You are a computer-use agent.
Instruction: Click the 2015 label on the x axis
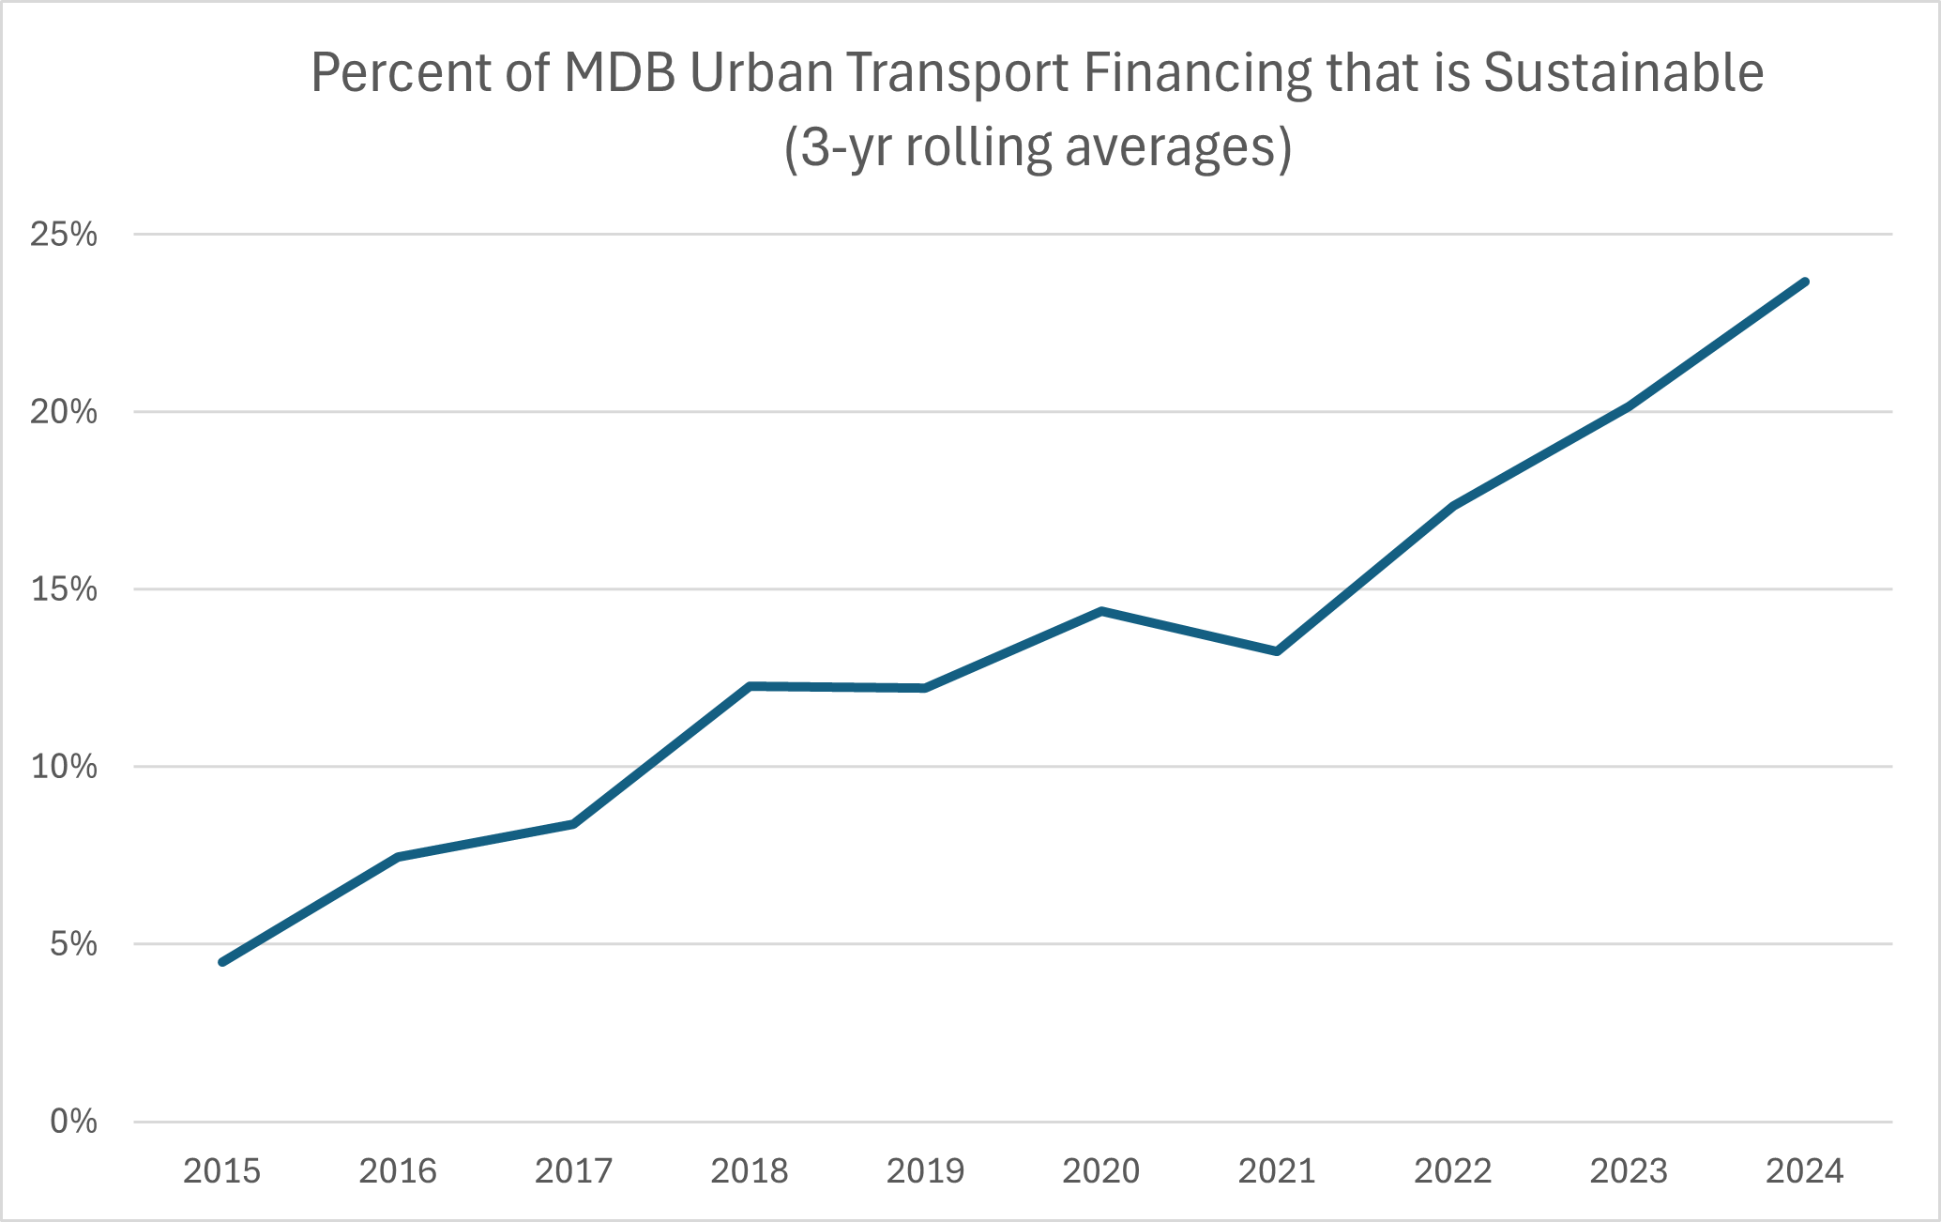click(x=221, y=1171)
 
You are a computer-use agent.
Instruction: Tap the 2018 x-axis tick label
click(x=750, y=1171)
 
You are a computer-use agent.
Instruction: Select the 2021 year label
click(x=1277, y=1171)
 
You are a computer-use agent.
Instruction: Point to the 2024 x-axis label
click(x=1805, y=1171)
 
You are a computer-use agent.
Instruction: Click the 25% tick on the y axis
click(x=64, y=235)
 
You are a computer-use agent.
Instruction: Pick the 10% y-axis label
click(x=64, y=767)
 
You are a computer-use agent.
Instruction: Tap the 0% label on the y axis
click(x=73, y=1122)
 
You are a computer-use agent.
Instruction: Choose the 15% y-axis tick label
click(x=64, y=589)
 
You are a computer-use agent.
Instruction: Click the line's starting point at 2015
click(x=221, y=962)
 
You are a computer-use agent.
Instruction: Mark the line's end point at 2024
click(x=1805, y=282)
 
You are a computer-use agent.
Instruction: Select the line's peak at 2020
click(x=1101, y=611)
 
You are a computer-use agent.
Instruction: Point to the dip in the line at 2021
click(x=1277, y=651)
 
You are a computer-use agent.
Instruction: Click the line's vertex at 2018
click(x=750, y=686)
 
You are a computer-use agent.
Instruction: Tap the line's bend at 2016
click(x=398, y=857)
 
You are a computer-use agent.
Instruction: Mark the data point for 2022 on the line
click(x=1453, y=507)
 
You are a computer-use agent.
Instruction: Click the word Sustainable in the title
click(x=1623, y=73)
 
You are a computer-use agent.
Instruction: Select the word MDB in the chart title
click(x=619, y=73)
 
